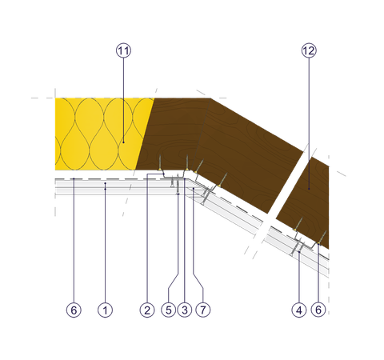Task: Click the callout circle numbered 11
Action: tap(123, 50)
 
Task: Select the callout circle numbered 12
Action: tap(309, 50)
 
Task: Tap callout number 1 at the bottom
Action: tap(105, 310)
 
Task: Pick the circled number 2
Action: tap(147, 310)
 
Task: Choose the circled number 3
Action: tap(185, 310)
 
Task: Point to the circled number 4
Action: tap(299, 310)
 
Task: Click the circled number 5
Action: tap(169, 310)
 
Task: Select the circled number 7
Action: tap(203, 310)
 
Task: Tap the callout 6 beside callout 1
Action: tap(74, 310)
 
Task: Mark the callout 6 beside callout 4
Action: tap(318, 310)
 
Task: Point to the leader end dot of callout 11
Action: tap(123, 142)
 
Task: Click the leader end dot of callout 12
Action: tap(309, 189)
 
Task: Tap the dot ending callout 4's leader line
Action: tap(299, 252)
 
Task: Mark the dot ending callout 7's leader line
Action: tap(194, 189)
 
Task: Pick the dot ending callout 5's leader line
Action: tap(178, 194)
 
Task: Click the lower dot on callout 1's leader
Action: tap(105, 189)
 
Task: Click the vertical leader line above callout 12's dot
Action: tap(309, 122)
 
